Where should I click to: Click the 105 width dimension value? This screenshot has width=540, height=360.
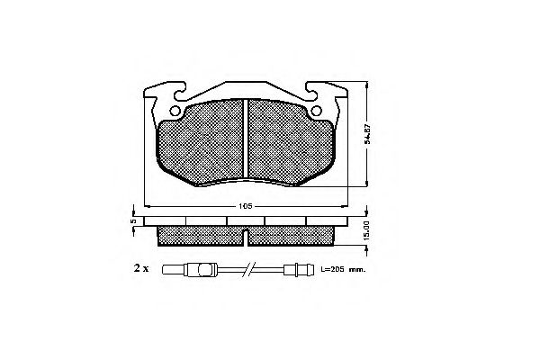click(245, 206)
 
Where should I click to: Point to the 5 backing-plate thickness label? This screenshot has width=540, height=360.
click(131, 220)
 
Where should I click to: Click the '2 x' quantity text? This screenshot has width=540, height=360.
click(140, 268)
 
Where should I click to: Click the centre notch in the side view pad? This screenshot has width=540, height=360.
click(246, 236)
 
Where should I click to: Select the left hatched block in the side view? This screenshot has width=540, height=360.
click(200, 234)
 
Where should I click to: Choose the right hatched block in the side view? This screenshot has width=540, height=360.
click(291, 234)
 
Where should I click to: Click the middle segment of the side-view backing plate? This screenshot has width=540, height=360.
click(246, 220)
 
